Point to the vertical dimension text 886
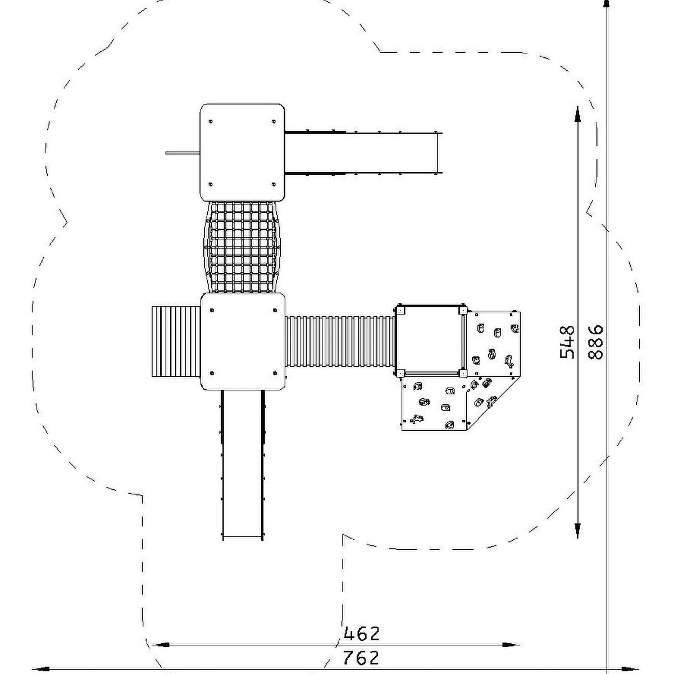pos(595,342)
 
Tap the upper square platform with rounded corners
pos(243,153)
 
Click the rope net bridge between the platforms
pos(242,247)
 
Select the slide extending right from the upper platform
pos(364,153)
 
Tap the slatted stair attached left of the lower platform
pos(176,341)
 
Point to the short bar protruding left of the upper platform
pos(183,153)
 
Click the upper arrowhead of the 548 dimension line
pos(577,115)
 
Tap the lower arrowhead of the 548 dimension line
pos(577,530)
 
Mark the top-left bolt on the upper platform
pos(211,121)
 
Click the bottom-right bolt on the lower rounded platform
pos(275,373)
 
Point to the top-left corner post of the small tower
pos(400,310)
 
